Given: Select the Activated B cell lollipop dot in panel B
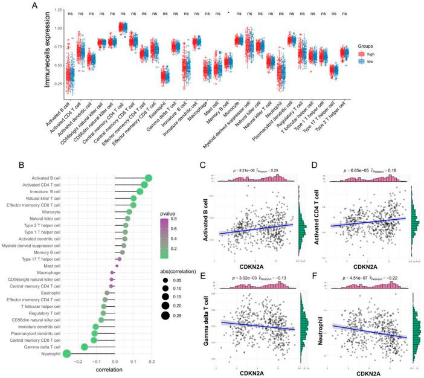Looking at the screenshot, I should tap(149, 178).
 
